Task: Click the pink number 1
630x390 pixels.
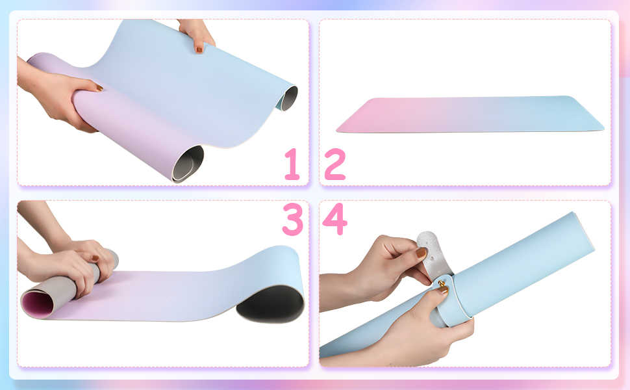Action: tap(293, 164)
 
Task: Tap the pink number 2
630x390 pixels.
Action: tap(335, 164)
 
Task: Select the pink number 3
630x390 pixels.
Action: tap(292, 219)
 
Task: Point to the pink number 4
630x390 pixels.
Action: tap(334, 218)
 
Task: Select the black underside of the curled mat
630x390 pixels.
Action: tap(271, 304)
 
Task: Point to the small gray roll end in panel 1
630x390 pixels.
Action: tap(289, 98)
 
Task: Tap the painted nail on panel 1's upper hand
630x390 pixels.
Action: tap(199, 50)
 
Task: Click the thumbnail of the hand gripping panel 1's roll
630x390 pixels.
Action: tap(99, 87)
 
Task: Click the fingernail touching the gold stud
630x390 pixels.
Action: tap(443, 289)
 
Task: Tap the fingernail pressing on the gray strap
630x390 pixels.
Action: tap(421, 252)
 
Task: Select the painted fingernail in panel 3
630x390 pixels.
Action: tap(95, 258)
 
